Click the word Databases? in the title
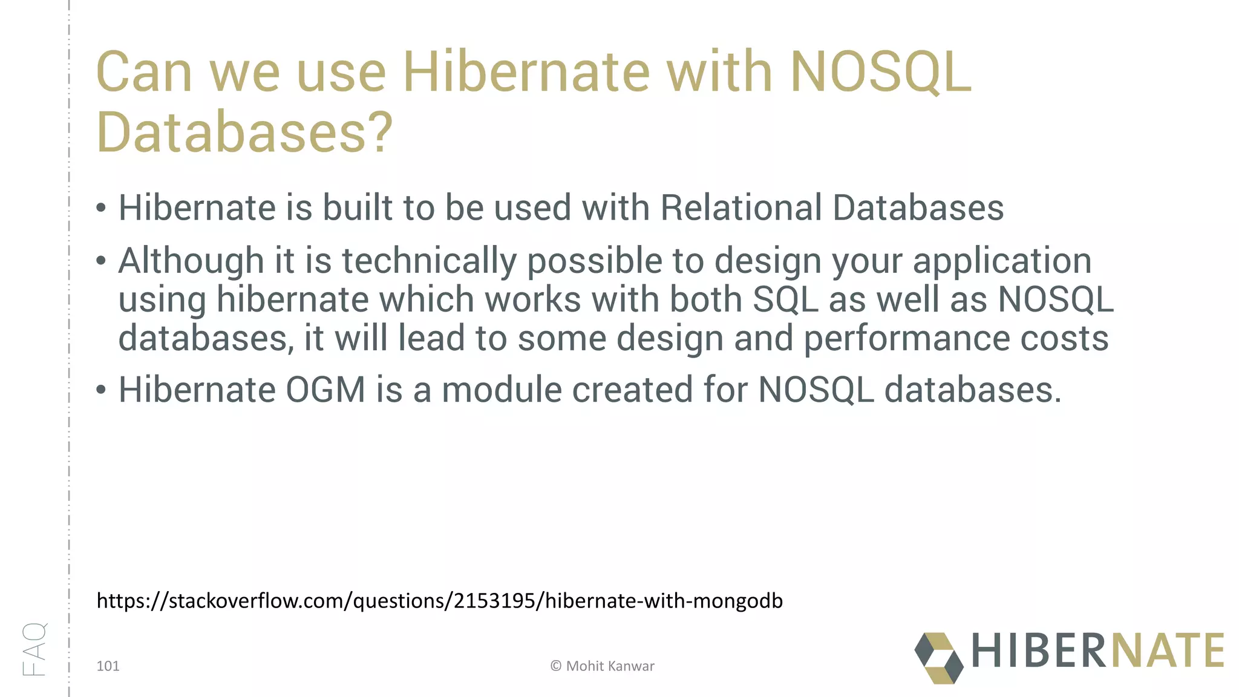(244, 132)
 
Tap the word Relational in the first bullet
(740, 208)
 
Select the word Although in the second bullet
(191, 261)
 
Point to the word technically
(429, 261)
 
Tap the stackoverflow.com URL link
(440, 601)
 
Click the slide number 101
(108, 666)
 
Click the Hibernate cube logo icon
(938, 658)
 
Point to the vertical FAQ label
(34, 649)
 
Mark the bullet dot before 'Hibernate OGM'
(101, 391)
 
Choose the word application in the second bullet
(1002, 261)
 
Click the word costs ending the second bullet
(1064, 338)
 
